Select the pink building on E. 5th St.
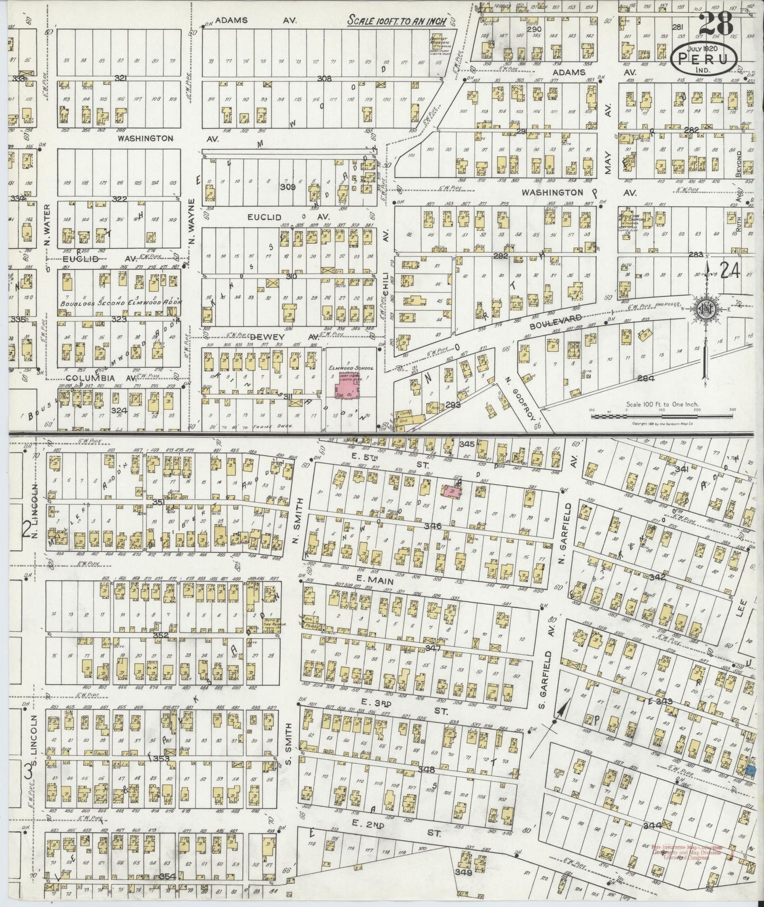(452, 492)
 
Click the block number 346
(432, 525)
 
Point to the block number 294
(646, 378)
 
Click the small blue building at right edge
(751, 772)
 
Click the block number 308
(324, 79)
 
